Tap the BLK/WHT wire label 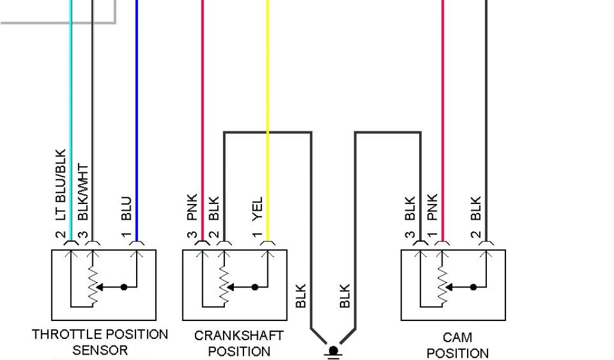83,193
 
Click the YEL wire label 257,208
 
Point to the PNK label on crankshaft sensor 192,207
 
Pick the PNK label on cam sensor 432,207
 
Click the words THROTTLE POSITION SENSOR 100,341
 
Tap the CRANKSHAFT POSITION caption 239,343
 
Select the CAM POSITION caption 458,345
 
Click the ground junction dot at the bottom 333,349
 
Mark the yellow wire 268,90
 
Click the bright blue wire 137,90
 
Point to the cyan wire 71,90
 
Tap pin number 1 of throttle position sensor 127,236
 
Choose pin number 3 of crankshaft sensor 192,236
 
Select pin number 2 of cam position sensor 476,236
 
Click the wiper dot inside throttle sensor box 124,287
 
